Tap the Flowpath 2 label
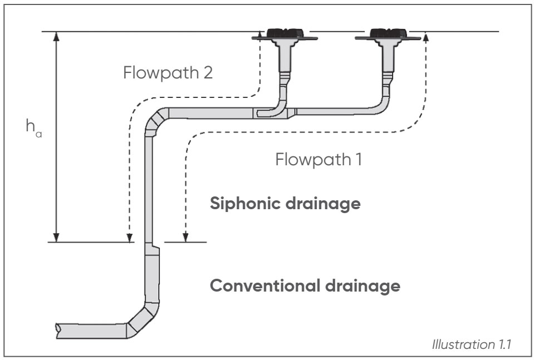pos(168,73)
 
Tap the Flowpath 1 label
pos(319,160)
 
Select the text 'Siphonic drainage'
pos(285,204)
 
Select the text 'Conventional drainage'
pos(305,286)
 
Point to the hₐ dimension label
pos(33,126)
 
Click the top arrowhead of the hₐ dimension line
pos(56,36)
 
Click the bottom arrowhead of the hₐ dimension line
pos(56,236)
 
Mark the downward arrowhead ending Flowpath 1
pos(187,237)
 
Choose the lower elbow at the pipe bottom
pos(142,318)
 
